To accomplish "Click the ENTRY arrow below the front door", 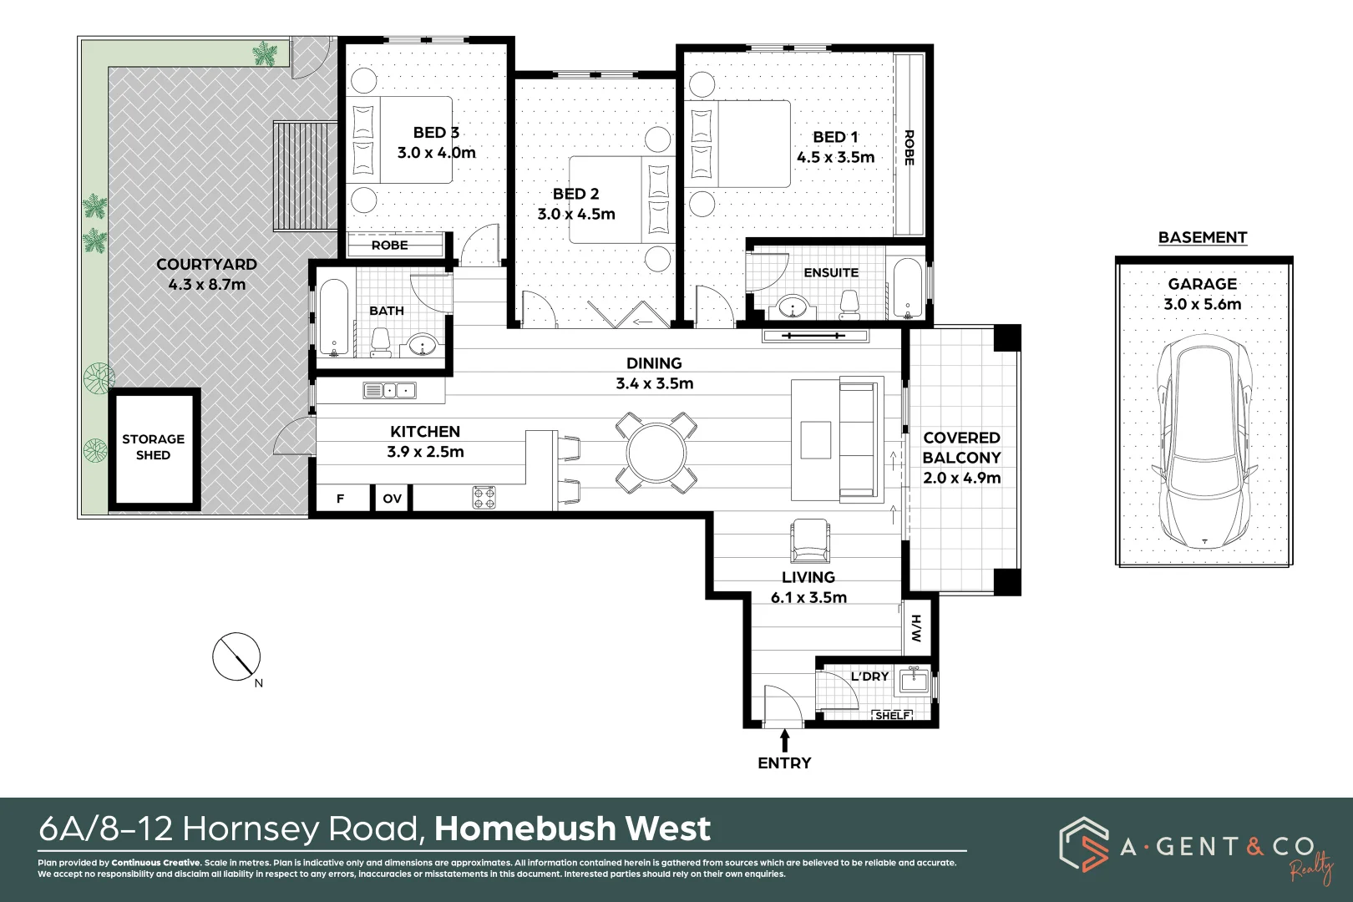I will (x=784, y=740).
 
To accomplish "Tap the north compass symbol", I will (x=236, y=656).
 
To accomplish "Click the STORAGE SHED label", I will (x=154, y=447).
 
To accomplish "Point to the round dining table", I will (x=656, y=453).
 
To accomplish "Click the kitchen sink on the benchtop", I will (x=389, y=390).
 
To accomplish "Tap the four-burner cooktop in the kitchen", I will (x=484, y=498).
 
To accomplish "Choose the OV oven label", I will (x=393, y=499).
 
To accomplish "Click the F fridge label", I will (x=340, y=499).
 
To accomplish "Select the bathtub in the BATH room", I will (x=333, y=317).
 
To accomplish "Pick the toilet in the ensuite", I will (x=849, y=304).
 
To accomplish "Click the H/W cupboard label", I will (x=916, y=628).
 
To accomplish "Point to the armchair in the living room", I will (x=809, y=541).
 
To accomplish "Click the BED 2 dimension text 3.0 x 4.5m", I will (x=576, y=214).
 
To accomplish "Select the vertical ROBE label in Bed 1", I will (x=909, y=148).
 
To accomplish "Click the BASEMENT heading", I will (x=1202, y=237).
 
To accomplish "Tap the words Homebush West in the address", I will (x=572, y=829).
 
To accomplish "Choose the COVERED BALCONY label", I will (x=961, y=448).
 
